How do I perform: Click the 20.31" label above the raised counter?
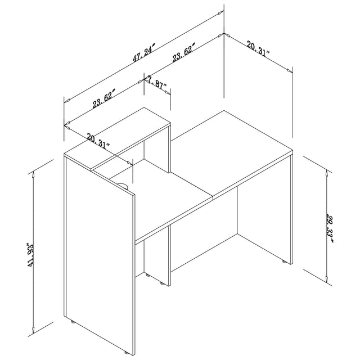[x=98, y=139]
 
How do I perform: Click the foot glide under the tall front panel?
[x=73, y=322]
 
